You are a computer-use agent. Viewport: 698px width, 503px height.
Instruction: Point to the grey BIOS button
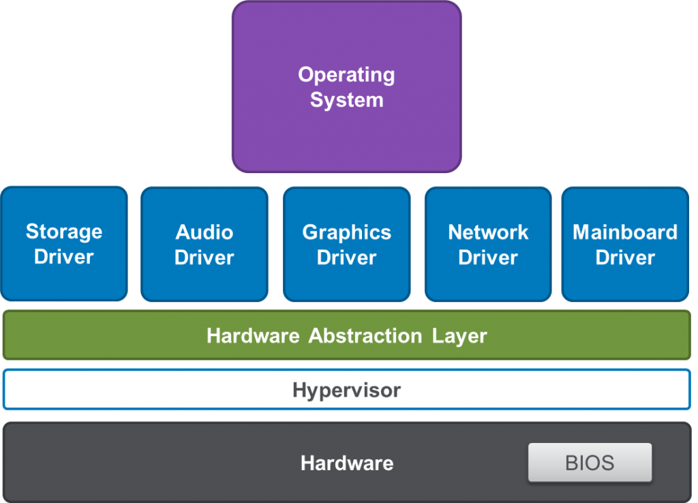click(590, 463)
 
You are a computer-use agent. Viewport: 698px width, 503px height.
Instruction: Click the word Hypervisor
click(346, 391)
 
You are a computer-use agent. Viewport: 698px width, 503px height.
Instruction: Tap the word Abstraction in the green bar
click(365, 336)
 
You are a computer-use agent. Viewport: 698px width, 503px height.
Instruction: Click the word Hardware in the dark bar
click(346, 463)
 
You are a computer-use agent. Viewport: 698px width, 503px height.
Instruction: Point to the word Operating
click(346, 75)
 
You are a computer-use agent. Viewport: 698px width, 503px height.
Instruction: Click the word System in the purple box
click(346, 100)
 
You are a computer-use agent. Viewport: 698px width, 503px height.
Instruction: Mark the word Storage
click(64, 232)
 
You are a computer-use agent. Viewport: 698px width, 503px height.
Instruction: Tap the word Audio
click(204, 232)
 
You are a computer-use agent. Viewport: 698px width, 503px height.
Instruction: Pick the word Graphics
click(346, 232)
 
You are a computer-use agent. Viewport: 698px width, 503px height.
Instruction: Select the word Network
click(488, 232)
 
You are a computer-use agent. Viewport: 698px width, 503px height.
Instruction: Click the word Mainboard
click(625, 232)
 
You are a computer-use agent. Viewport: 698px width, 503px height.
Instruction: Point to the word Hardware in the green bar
click(253, 336)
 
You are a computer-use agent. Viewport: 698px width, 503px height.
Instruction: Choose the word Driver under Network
click(488, 258)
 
